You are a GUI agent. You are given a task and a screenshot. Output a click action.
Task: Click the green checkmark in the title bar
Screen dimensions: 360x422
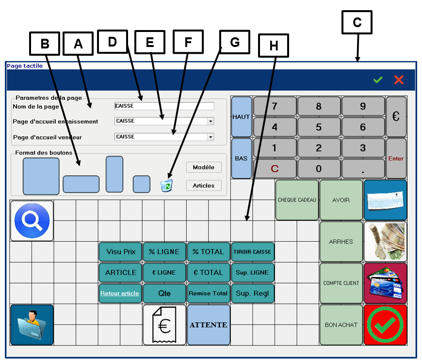pyautogui.click(x=378, y=80)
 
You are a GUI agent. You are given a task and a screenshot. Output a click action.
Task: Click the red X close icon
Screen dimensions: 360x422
pyautogui.click(x=399, y=80)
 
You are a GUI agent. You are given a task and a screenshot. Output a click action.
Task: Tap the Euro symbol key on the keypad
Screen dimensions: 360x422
pyautogui.click(x=396, y=116)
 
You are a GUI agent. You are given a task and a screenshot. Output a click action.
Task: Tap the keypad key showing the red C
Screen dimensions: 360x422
pyautogui.click(x=275, y=169)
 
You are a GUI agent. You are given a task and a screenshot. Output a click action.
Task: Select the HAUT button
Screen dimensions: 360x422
pyautogui.click(x=242, y=116)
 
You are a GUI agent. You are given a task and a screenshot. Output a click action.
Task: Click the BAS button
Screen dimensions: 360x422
pyautogui.click(x=242, y=158)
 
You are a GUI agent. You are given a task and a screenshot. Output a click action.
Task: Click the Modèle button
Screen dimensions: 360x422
pyautogui.click(x=204, y=167)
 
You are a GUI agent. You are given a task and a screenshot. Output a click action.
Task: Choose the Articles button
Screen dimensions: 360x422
pyautogui.click(x=204, y=186)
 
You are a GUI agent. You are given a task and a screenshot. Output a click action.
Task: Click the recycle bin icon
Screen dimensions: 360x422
pyautogui.click(x=167, y=185)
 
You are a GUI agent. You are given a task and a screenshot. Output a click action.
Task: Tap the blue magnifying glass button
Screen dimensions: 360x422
pyautogui.click(x=32, y=221)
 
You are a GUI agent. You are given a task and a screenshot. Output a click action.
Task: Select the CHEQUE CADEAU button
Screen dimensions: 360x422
pyautogui.click(x=297, y=200)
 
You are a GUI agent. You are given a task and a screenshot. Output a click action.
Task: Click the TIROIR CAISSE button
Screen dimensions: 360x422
pyautogui.click(x=252, y=252)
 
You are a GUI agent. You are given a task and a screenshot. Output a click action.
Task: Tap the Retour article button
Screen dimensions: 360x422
pyautogui.click(x=120, y=294)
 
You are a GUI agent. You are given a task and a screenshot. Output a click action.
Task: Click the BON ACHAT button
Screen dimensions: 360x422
pyautogui.click(x=341, y=325)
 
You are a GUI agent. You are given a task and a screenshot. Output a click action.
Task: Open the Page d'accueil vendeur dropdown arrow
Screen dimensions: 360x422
pyautogui.click(x=211, y=137)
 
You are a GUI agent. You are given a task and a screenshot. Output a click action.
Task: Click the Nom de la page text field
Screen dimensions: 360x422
pyautogui.click(x=164, y=106)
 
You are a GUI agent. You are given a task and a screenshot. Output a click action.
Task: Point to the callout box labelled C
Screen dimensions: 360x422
pyautogui.click(x=357, y=22)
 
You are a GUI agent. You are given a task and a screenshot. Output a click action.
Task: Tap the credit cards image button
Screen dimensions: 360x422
pyautogui.click(x=386, y=283)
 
